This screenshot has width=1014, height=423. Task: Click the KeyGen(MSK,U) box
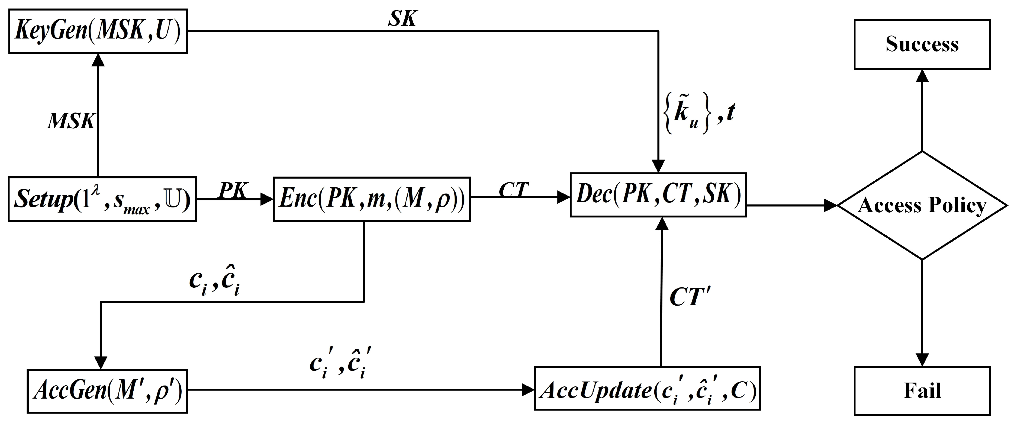(98, 31)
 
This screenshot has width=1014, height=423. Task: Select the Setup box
(102, 199)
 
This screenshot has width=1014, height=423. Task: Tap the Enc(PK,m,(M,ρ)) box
(372, 199)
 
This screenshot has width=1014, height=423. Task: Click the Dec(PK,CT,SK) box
(658, 195)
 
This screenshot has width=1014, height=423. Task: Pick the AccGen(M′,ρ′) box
(107, 391)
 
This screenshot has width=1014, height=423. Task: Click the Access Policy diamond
(922, 206)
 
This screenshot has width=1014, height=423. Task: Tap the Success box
(922, 44)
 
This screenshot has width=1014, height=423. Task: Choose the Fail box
(922, 391)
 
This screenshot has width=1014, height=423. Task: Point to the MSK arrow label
(71, 121)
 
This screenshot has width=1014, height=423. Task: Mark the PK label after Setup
(232, 191)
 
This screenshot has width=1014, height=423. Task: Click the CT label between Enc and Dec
(514, 190)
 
